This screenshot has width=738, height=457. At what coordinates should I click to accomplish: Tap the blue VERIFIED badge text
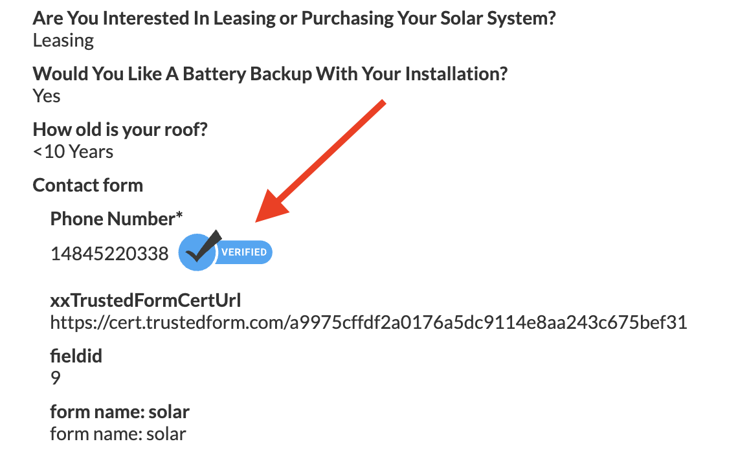(243, 252)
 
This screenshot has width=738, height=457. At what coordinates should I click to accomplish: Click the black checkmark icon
(201, 249)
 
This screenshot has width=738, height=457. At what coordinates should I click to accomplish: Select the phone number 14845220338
(109, 254)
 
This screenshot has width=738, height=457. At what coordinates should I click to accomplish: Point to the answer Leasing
(63, 40)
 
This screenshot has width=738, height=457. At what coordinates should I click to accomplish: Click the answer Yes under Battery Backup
(47, 96)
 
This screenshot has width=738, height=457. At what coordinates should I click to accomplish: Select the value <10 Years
(73, 151)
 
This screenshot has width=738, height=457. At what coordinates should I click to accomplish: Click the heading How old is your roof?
(120, 129)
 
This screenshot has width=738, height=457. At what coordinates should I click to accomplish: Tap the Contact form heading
(87, 185)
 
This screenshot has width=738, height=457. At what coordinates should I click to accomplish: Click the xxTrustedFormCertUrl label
(146, 300)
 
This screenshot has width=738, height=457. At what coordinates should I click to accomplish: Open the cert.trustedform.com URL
(368, 322)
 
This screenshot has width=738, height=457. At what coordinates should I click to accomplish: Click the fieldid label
(76, 356)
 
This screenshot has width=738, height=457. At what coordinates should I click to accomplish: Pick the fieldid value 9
(56, 377)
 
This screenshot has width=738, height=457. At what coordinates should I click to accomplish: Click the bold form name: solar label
(120, 412)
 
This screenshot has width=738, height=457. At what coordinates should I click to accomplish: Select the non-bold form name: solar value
(118, 433)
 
